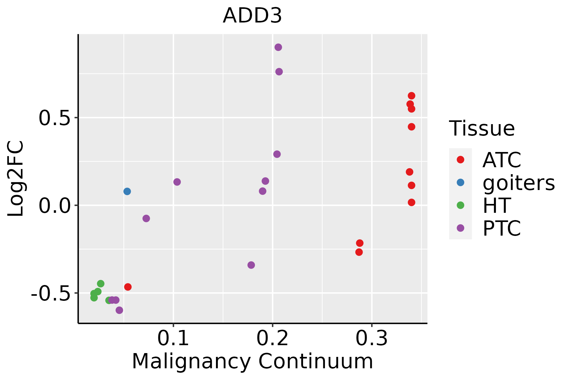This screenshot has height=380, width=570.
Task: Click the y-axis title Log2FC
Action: point(16,179)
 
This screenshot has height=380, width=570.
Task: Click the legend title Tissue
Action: point(482,129)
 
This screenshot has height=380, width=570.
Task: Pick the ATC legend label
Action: point(502,160)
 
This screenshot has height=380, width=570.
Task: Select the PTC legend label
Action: point(502,228)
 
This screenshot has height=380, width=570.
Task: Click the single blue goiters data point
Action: point(127,191)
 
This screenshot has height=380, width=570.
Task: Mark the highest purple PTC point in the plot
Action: point(278,47)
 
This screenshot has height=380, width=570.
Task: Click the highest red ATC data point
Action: point(411,96)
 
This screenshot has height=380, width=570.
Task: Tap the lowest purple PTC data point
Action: point(119,310)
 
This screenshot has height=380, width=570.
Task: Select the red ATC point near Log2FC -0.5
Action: point(128,287)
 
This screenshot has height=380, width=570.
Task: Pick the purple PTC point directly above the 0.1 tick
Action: point(177,182)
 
